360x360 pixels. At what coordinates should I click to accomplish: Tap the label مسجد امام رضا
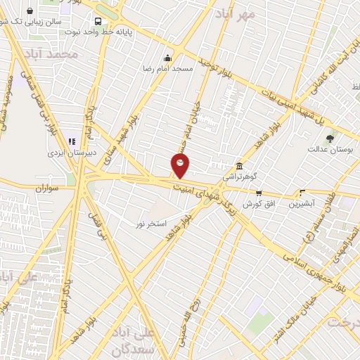pyautogui.click(x=167, y=70)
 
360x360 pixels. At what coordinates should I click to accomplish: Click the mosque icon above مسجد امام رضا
pyautogui.click(x=167, y=58)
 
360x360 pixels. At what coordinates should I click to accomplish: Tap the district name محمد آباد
pyautogui.click(x=50, y=54)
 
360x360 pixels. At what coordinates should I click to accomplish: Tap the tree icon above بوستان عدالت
pyautogui.click(x=330, y=138)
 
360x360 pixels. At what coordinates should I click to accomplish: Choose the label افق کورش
pyautogui.click(x=257, y=204)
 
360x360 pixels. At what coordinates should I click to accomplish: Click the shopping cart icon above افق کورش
pyautogui.click(x=259, y=193)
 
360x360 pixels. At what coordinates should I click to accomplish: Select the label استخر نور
pyautogui.click(x=150, y=224)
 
